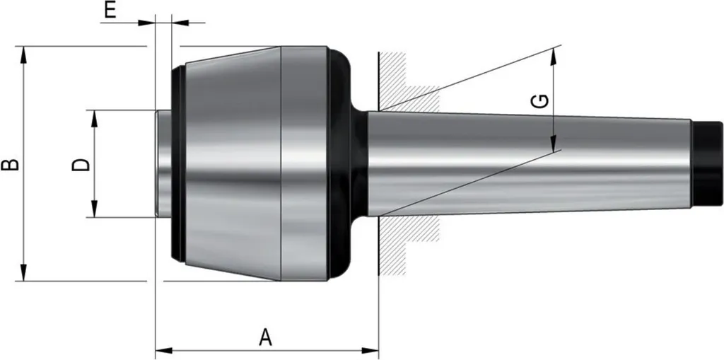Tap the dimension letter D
tap(81, 164)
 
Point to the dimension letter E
tap(110, 10)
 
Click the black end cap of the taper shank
tap(708, 163)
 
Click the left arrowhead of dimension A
tap(164, 350)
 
